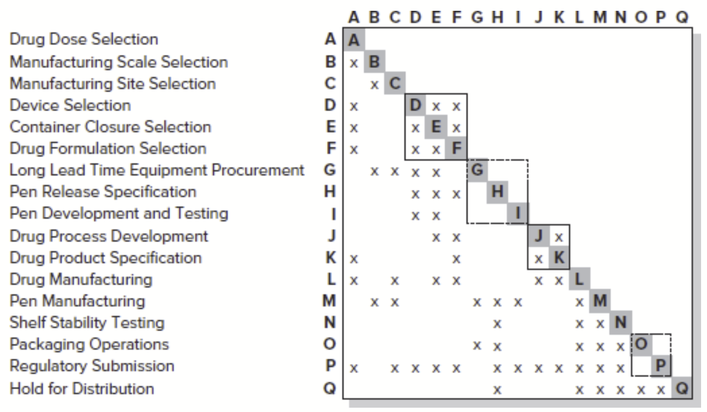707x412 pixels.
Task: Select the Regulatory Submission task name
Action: [x=92, y=366]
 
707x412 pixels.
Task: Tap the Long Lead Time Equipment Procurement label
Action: [x=156, y=170]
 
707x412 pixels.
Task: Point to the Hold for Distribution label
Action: [x=81, y=388]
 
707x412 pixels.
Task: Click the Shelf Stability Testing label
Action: [x=86, y=323]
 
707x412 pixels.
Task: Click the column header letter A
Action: [x=354, y=18]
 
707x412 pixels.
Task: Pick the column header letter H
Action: [x=497, y=18]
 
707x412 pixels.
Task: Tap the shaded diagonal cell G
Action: [x=477, y=170]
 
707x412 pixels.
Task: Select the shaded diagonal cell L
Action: [x=580, y=279]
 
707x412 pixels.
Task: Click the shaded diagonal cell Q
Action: [x=682, y=388]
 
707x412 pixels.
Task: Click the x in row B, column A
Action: [x=354, y=62]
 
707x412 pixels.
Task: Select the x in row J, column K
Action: [x=559, y=236]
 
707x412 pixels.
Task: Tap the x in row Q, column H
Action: [x=497, y=389]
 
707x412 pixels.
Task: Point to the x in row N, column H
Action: [x=497, y=323]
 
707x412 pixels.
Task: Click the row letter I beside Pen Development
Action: [x=330, y=214]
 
